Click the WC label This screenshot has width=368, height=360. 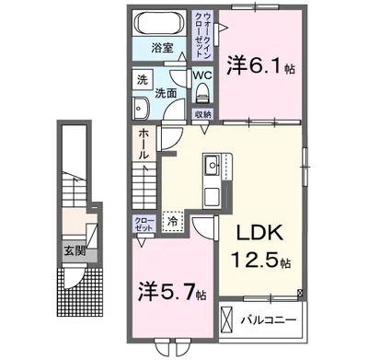click(x=203, y=75)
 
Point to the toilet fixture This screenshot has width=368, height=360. click(x=203, y=95)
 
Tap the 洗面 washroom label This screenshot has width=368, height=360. click(x=167, y=93)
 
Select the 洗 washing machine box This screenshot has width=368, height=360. click(x=141, y=80)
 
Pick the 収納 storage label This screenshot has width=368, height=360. click(x=203, y=114)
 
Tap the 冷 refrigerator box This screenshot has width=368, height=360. click(x=171, y=221)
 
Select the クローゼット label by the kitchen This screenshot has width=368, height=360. click(x=144, y=225)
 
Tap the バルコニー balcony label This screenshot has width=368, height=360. click(x=268, y=320)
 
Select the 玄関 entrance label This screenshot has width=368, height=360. click(x=73, y=249)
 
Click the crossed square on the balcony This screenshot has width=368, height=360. click(x=226, y=321)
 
